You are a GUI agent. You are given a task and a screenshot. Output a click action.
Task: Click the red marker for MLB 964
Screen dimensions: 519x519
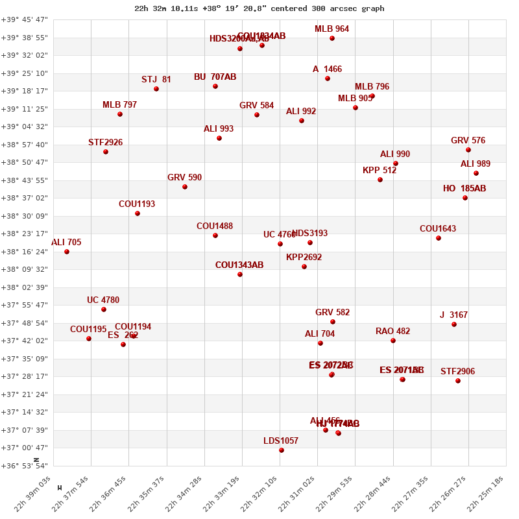[x=332, y=38]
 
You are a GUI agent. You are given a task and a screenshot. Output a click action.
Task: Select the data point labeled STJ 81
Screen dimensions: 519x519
[x=156, y=89]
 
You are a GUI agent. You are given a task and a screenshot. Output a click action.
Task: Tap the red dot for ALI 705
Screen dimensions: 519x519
[x=67, y=252]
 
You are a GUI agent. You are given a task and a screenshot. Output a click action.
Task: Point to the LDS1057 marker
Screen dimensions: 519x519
[x=282, y=450]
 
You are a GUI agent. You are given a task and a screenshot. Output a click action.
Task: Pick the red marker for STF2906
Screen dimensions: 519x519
[x=458, y=381]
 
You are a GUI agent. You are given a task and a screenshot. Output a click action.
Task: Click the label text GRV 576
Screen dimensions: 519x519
[x=468, y=141]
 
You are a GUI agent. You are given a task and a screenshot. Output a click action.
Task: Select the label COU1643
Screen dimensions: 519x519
[x=438, y=229]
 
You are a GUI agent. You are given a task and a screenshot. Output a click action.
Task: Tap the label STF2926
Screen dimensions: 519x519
[x=105, y=143]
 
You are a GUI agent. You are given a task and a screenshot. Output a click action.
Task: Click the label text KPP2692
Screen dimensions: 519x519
[x=304, y=258]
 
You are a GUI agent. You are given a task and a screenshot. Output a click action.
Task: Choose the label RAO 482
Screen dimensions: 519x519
[x=392, y=332]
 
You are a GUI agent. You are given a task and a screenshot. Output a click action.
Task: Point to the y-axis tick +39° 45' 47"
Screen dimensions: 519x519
[x=25, y=19]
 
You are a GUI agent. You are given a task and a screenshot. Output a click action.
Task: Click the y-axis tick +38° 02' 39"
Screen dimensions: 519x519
[x=25, y=287]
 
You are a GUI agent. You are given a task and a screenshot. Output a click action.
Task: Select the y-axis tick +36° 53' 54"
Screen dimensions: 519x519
[x=25, y=466]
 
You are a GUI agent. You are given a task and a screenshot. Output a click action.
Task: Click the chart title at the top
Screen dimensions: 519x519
[x=259, y=8]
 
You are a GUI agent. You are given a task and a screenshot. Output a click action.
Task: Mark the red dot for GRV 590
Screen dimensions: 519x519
[x=185, y=187]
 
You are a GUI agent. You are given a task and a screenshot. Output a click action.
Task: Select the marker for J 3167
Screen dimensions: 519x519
[x=454, y=324]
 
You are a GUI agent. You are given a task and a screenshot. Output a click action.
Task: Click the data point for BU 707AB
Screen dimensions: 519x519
[x=215, y=86]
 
